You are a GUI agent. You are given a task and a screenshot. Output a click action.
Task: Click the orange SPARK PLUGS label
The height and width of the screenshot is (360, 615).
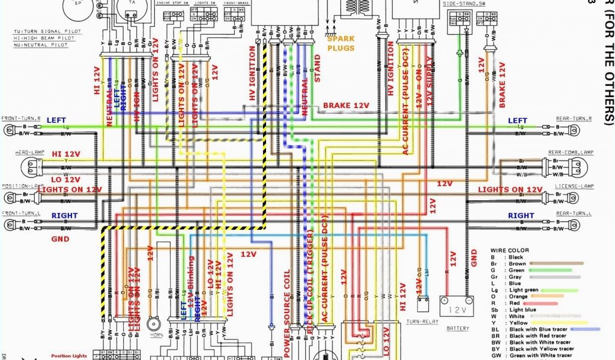(341, 43)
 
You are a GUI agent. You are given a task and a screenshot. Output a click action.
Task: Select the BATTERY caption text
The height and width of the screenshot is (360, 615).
(458, 328)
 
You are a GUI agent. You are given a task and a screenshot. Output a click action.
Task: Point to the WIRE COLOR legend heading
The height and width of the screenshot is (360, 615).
(509, 250)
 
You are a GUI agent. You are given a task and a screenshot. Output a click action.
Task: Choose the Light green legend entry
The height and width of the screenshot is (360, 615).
(524, 290)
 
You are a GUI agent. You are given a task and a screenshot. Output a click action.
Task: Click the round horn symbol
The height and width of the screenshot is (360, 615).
(154, 323)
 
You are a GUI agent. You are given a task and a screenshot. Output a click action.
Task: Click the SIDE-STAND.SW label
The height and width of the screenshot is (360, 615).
(464, 4)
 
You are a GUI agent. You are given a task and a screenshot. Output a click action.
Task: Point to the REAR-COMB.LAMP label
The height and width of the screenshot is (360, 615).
(571, 153)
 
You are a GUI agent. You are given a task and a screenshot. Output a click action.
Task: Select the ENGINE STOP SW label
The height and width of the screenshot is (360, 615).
(172, 4)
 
